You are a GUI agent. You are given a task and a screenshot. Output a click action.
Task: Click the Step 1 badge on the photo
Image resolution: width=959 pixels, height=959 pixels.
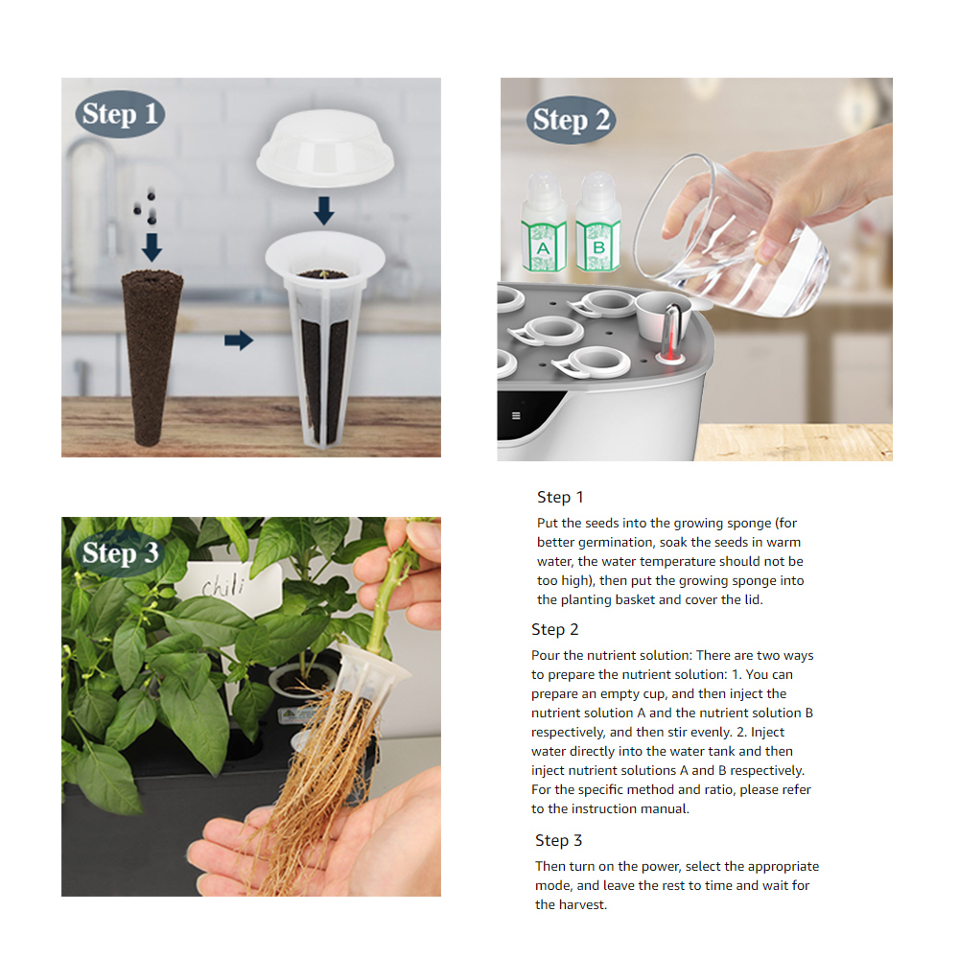[x=120, y=114]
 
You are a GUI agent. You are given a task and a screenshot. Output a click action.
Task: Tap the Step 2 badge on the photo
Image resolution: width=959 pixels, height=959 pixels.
[x=572, y=120]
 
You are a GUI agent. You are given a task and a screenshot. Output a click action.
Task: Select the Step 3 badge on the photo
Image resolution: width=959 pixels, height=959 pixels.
[x=120, y=553]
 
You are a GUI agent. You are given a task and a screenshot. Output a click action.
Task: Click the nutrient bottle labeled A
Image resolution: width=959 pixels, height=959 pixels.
[x=543, y=222]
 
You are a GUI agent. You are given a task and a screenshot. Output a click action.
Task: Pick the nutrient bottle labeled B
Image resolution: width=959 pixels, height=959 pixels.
[x=598, y=222]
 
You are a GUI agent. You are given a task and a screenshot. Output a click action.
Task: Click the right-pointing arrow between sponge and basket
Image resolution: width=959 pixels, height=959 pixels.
[x=239, y=340]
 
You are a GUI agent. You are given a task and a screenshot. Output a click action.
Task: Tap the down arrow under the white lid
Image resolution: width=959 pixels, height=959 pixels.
[x=324, y=211]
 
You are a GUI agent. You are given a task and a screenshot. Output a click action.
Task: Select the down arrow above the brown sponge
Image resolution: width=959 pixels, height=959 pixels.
[x=152, y=247]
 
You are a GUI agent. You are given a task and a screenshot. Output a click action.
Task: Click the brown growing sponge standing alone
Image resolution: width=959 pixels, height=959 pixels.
[x=152, y=357]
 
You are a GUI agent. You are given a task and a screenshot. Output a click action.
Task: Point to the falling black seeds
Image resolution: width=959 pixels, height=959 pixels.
[x=146, y=208]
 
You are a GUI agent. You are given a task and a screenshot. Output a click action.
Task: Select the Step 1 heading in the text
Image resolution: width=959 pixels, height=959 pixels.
[x=560, y=497]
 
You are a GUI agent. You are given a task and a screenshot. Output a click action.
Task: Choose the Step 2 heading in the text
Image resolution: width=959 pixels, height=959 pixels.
[x=554, y=629]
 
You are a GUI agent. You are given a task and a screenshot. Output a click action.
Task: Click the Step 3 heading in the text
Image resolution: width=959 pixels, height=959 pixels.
[x=558, y=840]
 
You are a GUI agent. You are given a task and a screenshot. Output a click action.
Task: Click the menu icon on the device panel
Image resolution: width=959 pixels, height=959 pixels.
[x=516, y=416]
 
